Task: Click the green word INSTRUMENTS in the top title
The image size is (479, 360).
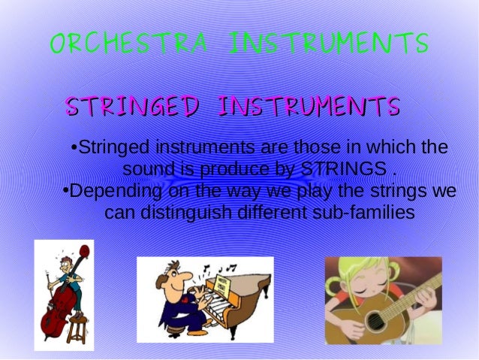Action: coord(329,43)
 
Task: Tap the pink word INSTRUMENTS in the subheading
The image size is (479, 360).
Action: coord(308,107)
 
